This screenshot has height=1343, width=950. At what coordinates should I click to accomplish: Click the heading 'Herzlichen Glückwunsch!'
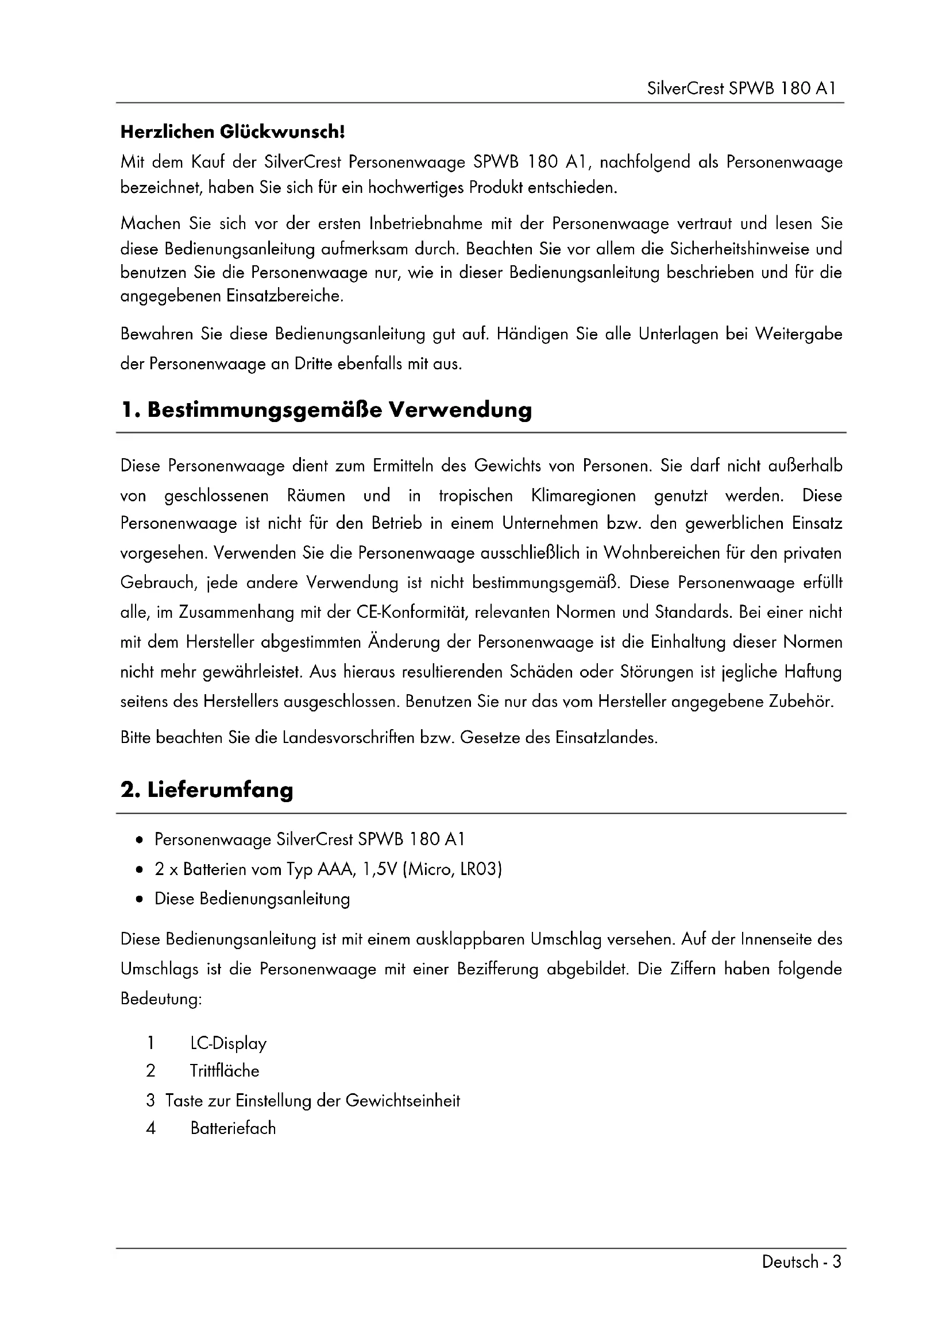pyautogui.click(x=233, y=132)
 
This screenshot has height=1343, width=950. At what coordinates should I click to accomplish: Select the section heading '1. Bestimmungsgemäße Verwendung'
pyautogui.click(x=326, y=410)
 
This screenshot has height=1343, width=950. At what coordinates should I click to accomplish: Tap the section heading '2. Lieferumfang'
pyautogui.click(x=207, y=790)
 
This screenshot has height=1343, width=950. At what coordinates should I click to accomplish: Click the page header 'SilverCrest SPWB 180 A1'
pyautogui.click(x=742, y=88)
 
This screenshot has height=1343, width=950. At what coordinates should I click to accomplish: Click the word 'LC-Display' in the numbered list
pyautogui.click(x=228, y=1043)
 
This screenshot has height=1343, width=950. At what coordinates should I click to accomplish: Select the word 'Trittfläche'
pyautogui.click(x=224, y=1071)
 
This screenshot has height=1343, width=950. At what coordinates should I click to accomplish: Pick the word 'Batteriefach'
pyautogui.click(x=233, y=1128)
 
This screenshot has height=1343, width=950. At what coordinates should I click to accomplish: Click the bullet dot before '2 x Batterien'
pyautogui.click(x=138, y=870)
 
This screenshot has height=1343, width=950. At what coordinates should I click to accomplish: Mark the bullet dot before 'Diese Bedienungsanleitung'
pyautogui.click(x=138, y=900)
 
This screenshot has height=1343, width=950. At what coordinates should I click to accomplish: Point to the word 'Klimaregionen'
pyautogui.click(x=583, y=496)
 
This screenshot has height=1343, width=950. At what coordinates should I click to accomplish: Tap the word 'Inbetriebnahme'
pyautogui.click(x=426, y=223)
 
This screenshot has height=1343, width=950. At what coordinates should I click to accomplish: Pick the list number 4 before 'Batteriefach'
pyautogui.click(x=151, y=1128)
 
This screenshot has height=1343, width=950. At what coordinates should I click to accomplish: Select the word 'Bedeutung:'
pyautogui.click(x=161, y=999)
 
